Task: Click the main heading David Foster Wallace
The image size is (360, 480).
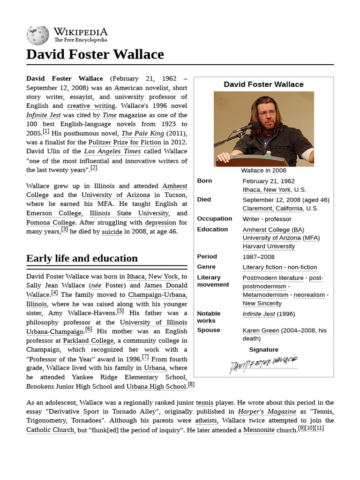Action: pyautogui.click(x=95, y=54)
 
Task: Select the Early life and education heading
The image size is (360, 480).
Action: pyautogui.click(x=82, y=258)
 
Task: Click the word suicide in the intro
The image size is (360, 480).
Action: pyautogui.click(x=112, y=232)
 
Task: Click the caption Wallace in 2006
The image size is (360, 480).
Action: pyautogui.click(x=263, y=171)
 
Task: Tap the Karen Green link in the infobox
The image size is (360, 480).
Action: pyautogui.click(x=261, y=330)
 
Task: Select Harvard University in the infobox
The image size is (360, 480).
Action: pyautogui.click(x=269, y=246)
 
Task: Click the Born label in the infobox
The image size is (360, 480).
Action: pyautogui.click(x=204, y=181)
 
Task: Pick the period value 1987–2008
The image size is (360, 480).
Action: pyautogui.click(x=258, y=257)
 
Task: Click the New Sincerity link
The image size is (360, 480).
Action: pyautogui.click(x=262, y=303)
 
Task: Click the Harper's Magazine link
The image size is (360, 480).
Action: pyautogui.click(x=267, y=412)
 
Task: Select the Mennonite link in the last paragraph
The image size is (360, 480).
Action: pyautogui.click(x=259, y=430)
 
